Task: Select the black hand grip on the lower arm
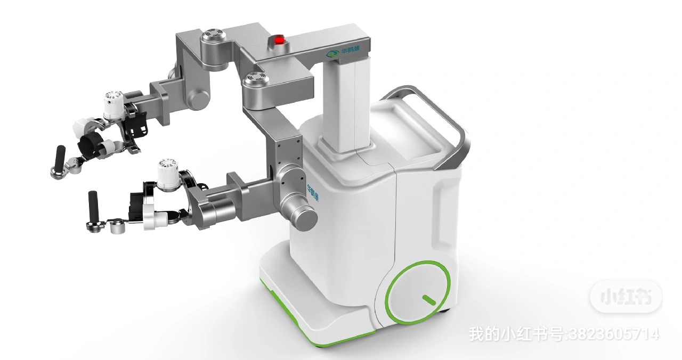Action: pos(93,204)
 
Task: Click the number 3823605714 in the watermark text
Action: pos(614,334)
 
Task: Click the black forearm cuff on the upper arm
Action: pos(92,146)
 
